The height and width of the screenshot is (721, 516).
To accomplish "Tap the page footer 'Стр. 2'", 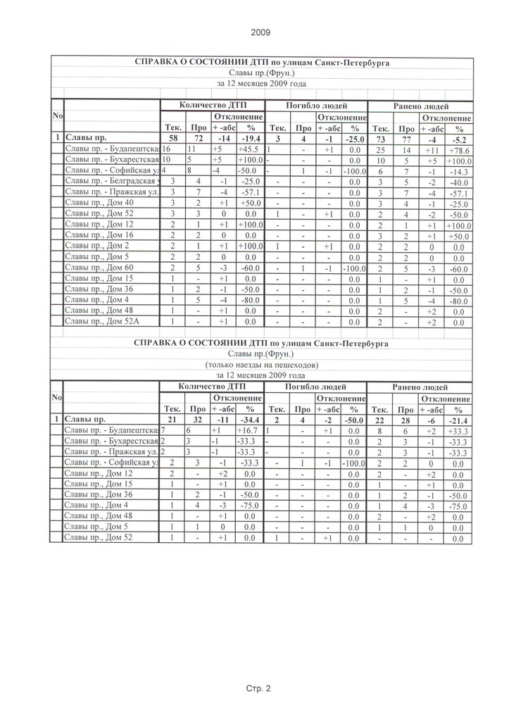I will coord(258,689).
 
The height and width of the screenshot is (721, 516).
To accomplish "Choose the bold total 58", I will coord(172,139).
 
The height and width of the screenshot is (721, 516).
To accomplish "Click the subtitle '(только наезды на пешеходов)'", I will coord(261,365).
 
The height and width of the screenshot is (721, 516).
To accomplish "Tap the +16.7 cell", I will coord(249,430).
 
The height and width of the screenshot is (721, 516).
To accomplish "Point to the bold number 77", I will coord(406,139).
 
